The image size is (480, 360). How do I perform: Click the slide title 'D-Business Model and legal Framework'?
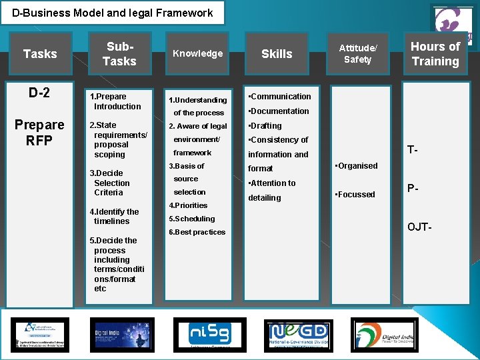(112, 13)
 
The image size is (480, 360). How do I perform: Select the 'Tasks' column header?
(40, 53)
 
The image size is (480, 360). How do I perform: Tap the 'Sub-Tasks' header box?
(119, 53)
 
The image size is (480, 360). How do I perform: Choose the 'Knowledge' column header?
(197, 53)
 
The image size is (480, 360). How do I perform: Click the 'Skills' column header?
(277, 53)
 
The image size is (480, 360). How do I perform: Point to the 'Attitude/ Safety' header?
(357, 53)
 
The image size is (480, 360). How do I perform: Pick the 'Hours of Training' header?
(435, 53)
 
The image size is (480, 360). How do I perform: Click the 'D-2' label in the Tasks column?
(39, 92)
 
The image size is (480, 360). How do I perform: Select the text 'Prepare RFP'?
(39, 132)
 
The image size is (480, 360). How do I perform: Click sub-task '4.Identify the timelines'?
(114, 217)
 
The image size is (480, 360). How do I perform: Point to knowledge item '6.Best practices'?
(197, 232)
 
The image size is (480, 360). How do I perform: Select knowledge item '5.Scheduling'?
(192, 219)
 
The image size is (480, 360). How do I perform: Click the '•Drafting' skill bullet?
(265, 126)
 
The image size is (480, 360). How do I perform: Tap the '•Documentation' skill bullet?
(278, 111)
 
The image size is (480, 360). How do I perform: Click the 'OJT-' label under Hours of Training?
(419, 227)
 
